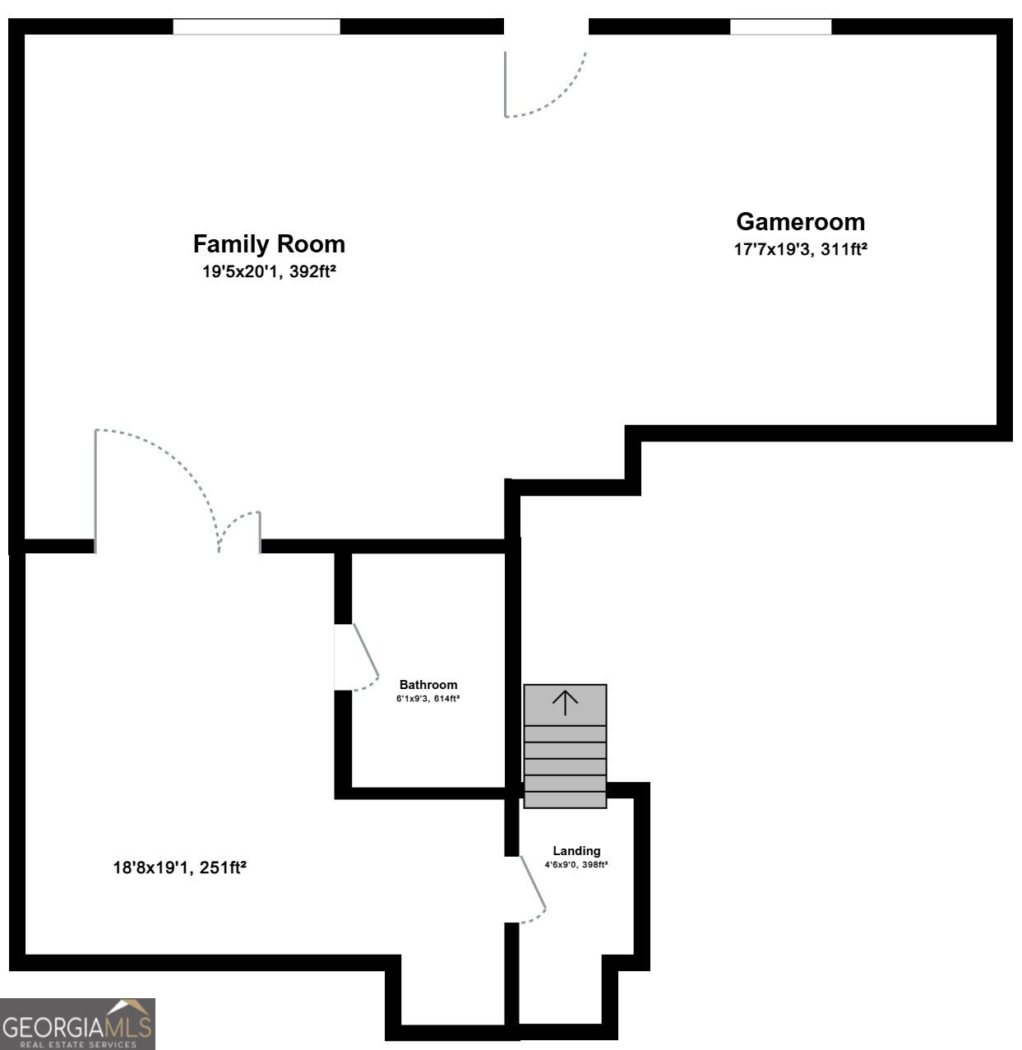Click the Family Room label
[x=269, y=244]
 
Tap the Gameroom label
[x=800, y=222]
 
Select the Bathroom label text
[x=428, y=685]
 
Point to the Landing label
[x=576, y=851]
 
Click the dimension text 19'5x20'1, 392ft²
[x=269, y=271]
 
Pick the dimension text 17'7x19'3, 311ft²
[x=800, y=249]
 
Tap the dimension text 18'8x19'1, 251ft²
[x=180, y=867]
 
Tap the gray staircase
[x=565, y=747]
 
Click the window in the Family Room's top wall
[x=257, y=26]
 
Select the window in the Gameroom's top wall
[x=780, y=26]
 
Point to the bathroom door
[x=357, y=657]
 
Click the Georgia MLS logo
[x=78, y=1024]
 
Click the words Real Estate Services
[x=79, y=1044]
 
